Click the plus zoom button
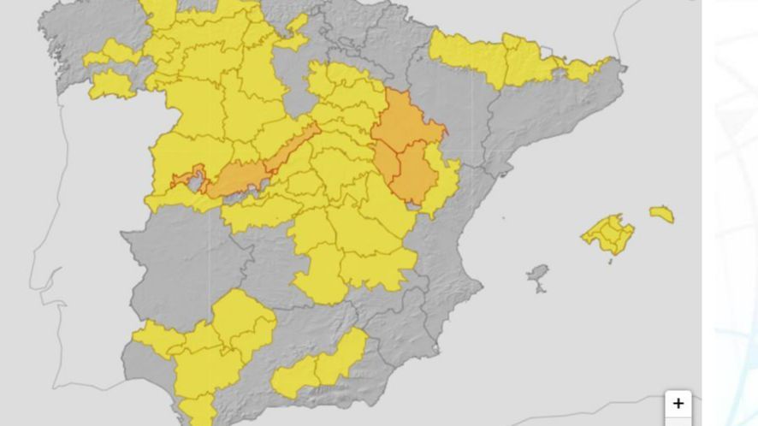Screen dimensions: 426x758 pos(678,403)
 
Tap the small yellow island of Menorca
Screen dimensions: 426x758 pos(661,213)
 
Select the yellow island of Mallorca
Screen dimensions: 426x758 pos(609,233)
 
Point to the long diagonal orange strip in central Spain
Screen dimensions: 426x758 pos(257,167)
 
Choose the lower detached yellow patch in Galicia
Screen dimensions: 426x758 pos(110,84)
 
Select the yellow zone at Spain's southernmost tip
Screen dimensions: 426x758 pos(199,409)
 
